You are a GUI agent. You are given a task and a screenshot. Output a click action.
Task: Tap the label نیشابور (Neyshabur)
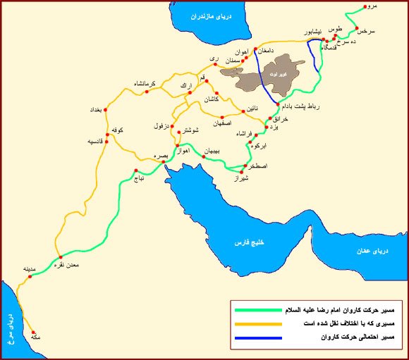(x=313, y=32)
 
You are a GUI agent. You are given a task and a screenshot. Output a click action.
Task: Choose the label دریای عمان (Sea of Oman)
(x=381, y=251)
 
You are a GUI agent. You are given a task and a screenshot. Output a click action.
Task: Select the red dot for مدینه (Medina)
(x=30, y=276)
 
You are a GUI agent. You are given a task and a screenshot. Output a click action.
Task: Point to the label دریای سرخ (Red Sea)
(x=11, y=330)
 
